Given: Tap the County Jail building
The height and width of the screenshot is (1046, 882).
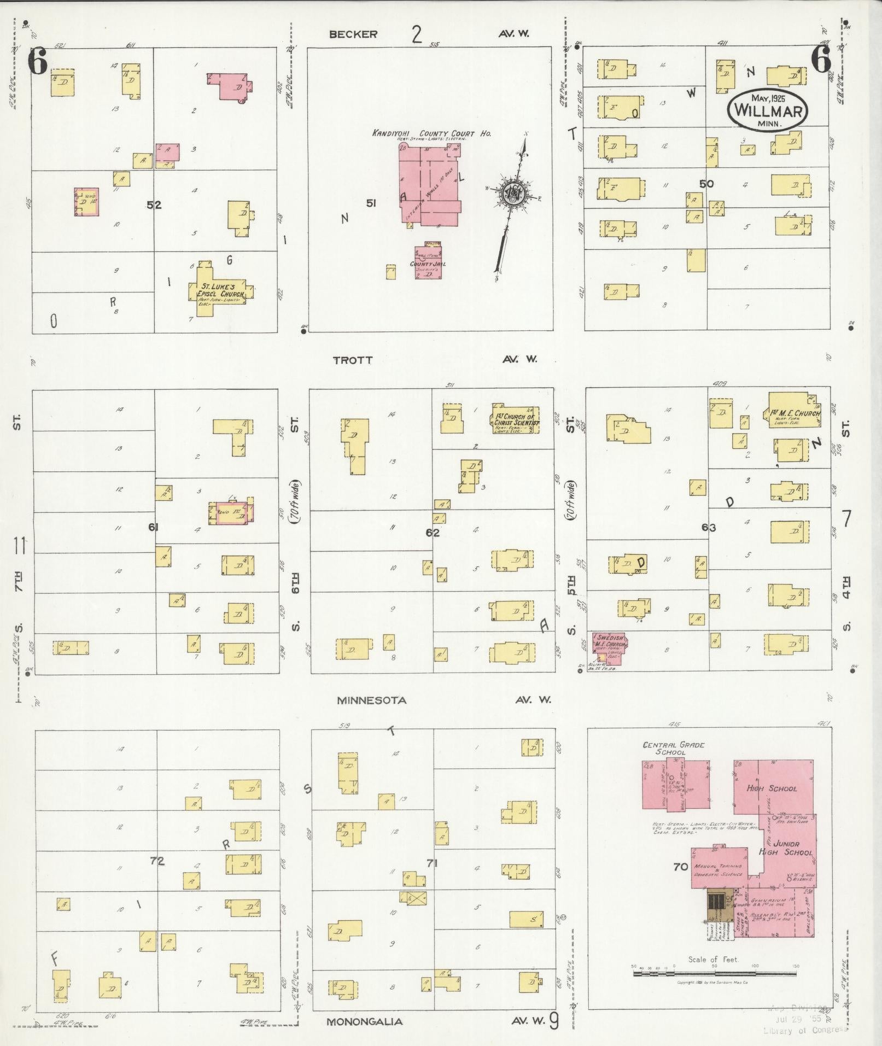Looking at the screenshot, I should tap(428, 262).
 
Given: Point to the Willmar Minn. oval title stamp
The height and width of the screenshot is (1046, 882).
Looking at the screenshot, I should tap(767, 110).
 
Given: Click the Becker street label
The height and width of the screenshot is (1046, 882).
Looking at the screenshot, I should tap(353, 34).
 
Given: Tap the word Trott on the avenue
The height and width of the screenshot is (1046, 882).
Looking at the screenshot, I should tap(353, 360).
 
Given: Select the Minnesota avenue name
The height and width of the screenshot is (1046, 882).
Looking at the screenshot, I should tap(371, 700).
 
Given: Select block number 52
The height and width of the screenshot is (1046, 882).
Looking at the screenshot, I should tap(154, 204).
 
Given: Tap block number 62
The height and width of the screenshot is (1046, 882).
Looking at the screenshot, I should tap(433, 532).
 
